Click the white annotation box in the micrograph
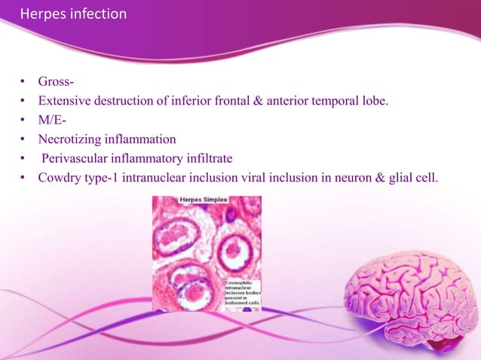[241, 293]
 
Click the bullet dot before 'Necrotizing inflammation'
[24, 140]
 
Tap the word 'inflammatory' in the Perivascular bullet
[148, 160]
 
